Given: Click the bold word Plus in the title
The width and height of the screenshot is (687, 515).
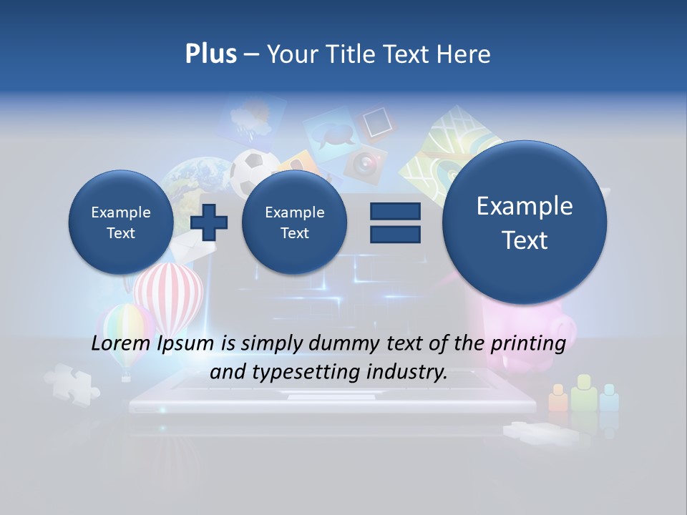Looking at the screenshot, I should (x=210, y=54).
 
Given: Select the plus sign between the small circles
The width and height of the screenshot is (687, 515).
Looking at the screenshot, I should (x=209, y=222).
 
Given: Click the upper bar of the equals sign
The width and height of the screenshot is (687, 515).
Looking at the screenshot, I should (x=395, y=211).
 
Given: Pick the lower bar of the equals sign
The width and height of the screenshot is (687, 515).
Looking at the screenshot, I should (x=395, y=234).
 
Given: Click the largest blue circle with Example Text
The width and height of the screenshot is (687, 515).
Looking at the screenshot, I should (x=525, y=222).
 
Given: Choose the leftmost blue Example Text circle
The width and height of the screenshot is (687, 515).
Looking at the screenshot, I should (x=121, y=222).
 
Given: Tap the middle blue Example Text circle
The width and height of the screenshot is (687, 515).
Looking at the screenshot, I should (x=294, y=222).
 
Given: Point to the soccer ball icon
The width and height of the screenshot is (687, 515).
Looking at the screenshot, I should (x=255, y=169).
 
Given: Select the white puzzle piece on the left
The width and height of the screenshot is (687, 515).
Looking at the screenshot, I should (x=72, y=383).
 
